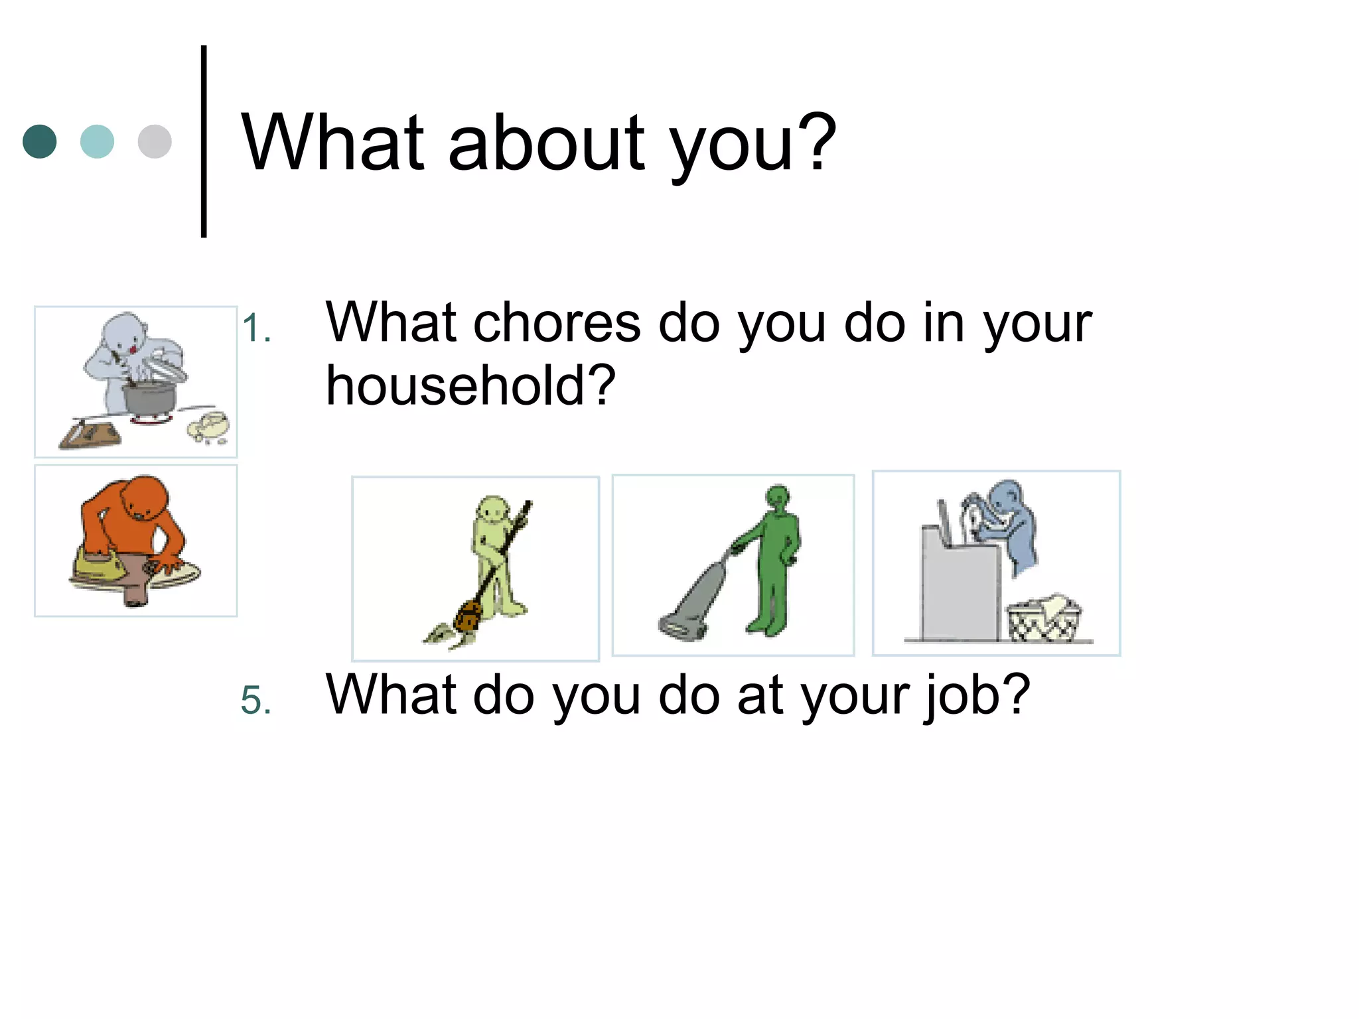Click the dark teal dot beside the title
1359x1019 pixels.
click(x=40, y=141)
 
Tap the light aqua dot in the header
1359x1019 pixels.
click(x=97, y=141)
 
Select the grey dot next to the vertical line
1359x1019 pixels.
click(x=155, y=141)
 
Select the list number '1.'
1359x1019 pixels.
click(x=256, y=328)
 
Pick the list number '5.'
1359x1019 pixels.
click(x=256, y=701)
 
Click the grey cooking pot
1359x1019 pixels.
click(x=149, y=397)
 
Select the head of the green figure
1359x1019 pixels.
click(x=778, y=498)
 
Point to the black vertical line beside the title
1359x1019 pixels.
click(x=204, y=141)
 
